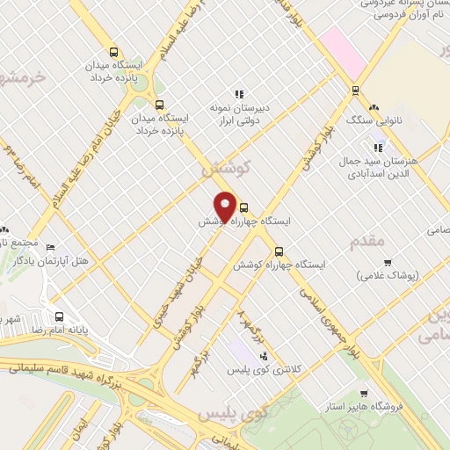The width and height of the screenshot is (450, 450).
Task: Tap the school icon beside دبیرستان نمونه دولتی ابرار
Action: (237, 94)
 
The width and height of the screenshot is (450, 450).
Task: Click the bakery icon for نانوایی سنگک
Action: (374, 106)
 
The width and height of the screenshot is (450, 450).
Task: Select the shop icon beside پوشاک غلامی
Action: (387, 263)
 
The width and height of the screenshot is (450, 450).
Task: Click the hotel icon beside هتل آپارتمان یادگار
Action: (50, 249)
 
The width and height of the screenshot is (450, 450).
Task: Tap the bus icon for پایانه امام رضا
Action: (58, 316)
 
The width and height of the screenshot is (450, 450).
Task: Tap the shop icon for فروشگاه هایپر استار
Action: (365, 394)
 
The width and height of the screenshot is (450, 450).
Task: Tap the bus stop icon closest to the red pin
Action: (243, 208)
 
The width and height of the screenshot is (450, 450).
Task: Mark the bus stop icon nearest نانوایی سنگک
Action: (355, 90)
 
